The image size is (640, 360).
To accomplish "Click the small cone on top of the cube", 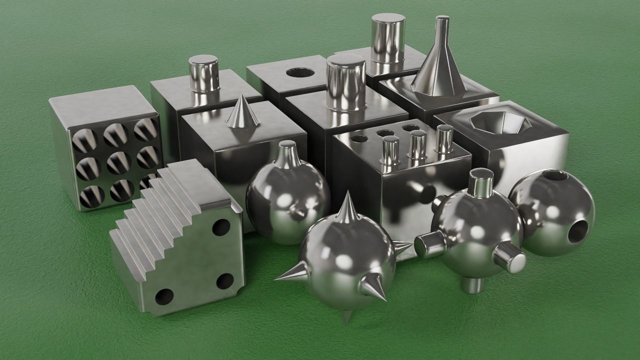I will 242,112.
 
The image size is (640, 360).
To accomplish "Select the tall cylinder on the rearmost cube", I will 388,38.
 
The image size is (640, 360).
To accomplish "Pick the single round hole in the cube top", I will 300,72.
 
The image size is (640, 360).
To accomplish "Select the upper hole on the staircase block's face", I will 221,228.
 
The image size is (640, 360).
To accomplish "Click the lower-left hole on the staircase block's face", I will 163,296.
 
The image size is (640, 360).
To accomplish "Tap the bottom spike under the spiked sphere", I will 346,315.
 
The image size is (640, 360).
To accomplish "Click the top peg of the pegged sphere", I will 480,182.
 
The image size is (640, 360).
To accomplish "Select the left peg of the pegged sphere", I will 429,245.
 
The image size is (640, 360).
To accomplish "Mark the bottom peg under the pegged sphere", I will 472,285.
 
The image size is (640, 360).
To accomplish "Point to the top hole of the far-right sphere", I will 554,175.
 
